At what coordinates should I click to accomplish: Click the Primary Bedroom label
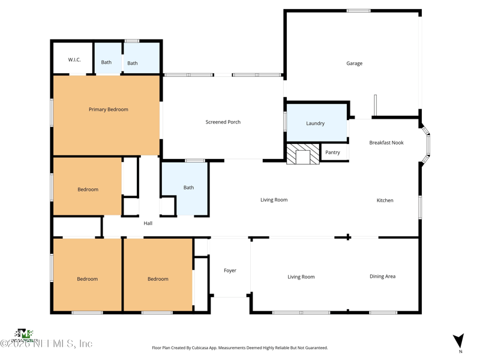tap(108, 110)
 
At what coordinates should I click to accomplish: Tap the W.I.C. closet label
tap(74, 60)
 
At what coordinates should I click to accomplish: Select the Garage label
tap(354, 64)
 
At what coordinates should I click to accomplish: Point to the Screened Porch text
tap(223, 122)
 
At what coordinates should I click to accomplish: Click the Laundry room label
tap(315, 124)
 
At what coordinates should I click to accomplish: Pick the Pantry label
tap(332, 152)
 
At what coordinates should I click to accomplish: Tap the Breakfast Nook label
tap(386, 143)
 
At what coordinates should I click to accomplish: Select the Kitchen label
tap(385, 200)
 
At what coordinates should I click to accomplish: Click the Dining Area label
tap(382, 277)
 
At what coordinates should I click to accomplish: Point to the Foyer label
tap(230, 271)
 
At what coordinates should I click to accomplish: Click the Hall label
tap(148, 223)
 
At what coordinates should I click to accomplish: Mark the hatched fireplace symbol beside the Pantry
tap(302, 155)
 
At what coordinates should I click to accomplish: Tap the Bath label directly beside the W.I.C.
tap(106, 62)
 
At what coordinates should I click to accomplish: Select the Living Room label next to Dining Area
tap(301, 277)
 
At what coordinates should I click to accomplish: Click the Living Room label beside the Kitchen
tap(274, 200)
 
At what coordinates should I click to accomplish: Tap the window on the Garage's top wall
tap(358, 11)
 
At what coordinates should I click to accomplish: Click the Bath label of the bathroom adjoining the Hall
tap(188, 188)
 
